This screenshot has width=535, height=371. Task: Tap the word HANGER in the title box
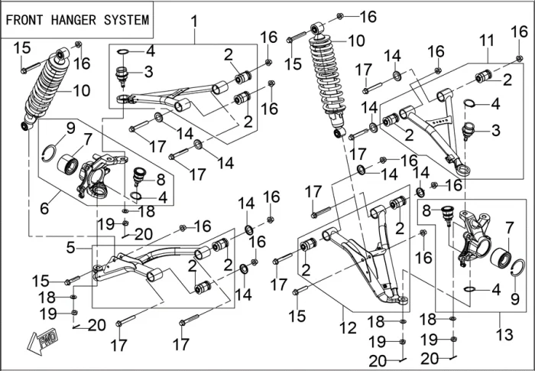[x=73, y=20]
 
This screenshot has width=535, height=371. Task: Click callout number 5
[x=70, y=248]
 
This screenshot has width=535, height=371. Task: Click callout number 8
[x=160, y=181]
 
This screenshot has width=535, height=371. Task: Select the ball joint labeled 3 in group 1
[x=122, y=77]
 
